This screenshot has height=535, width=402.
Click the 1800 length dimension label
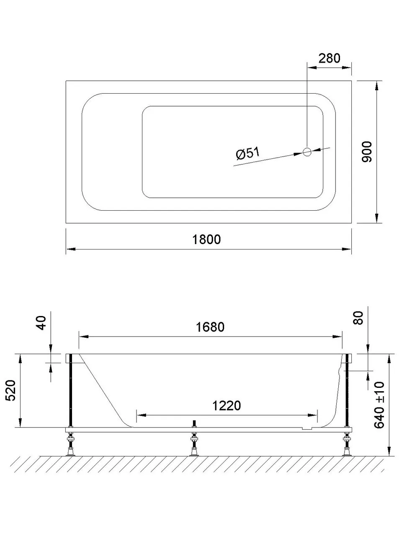tap(206, 239)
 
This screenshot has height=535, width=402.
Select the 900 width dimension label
tap(366, 152)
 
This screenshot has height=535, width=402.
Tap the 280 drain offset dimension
tap(329, 58)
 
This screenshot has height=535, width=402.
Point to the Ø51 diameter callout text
tap(247, 154)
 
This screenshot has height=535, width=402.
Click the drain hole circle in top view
tap(307, 152)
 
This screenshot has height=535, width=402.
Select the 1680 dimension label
tap(210, 326)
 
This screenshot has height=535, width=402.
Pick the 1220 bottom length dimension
tap(227, 405)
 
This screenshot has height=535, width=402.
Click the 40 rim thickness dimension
tap(41, 323)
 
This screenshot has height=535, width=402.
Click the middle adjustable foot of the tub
tap(193, 445)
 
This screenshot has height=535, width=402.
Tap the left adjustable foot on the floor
tap(70, 446)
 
